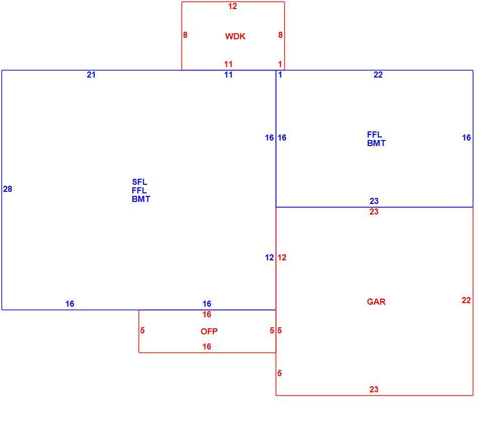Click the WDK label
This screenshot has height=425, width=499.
[x=235, y=36]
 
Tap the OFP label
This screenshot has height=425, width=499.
[x=209, y=331]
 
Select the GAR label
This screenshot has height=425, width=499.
[x=376, y=302]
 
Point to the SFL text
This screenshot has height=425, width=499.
[x=140, y=182]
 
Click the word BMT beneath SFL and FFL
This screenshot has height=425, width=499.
[x=141, y=199]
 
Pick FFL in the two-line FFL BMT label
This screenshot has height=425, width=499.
[x=374, y=134]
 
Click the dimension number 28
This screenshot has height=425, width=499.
[x=8, y=189]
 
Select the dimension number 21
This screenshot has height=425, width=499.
[x=91, y=75]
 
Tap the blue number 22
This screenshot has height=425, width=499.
[x=378, y=75]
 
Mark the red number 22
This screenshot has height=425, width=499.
[x=466, y=300]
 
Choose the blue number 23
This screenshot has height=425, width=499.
[x=374, y=201]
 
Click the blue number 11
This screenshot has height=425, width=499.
[x=228, y=75]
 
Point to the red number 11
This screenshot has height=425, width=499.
[x=228, y=64]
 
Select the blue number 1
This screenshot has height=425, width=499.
[x=280, y=75]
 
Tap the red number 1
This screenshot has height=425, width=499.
[x=280, y=64]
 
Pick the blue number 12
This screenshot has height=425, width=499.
[x=269, y=257]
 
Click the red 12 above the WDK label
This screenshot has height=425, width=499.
[x=232, y=6]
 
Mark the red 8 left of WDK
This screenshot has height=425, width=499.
[x=185, y=35]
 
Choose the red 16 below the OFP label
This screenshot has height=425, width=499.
[x=207, y=346]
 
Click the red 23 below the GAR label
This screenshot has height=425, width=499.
[x=374, y=389]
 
